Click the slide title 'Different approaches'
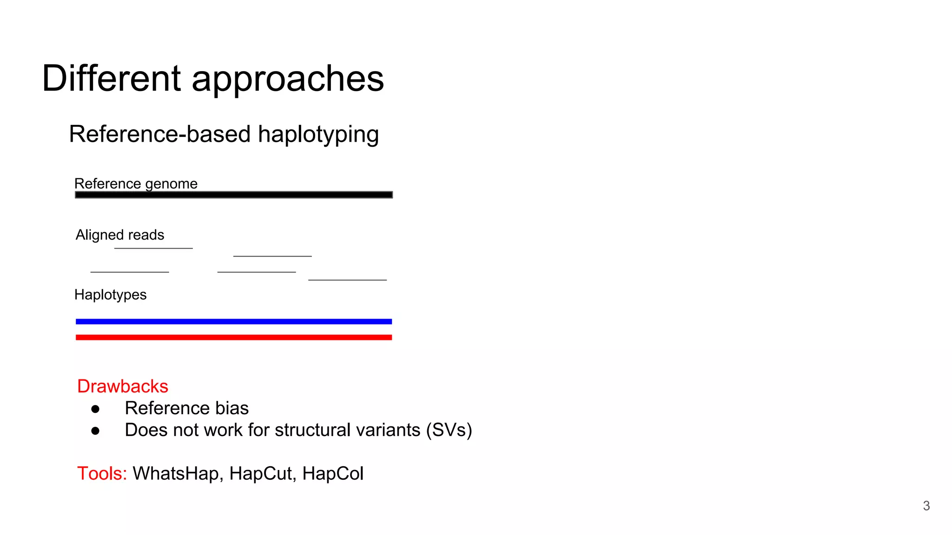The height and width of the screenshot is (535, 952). (x=213, y=78)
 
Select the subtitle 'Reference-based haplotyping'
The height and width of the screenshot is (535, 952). (x=224, y=134)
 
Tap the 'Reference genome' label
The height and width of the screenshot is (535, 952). (x=136, y=183)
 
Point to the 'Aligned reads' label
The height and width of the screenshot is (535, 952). (x=120, y=235)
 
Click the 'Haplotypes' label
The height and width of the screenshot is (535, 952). (x=110, y=294)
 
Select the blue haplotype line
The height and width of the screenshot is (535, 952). (x=234, y=321)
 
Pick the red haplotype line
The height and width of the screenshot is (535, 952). (x=234, y=337)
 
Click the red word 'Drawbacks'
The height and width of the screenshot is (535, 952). (x=123, y=386)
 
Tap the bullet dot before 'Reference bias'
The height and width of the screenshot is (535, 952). (x=95, y=409)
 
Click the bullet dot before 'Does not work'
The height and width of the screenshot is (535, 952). (x=95, y=431)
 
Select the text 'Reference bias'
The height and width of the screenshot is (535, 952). (x=187, y=408)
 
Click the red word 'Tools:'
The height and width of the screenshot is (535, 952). (x=102, y=474)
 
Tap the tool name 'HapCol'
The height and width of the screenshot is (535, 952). (x=333, y=474)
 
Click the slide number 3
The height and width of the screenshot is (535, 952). (x=926, y=506)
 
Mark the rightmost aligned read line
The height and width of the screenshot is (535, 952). (x=347, y=280)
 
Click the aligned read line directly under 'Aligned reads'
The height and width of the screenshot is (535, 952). (x=153, y=248)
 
